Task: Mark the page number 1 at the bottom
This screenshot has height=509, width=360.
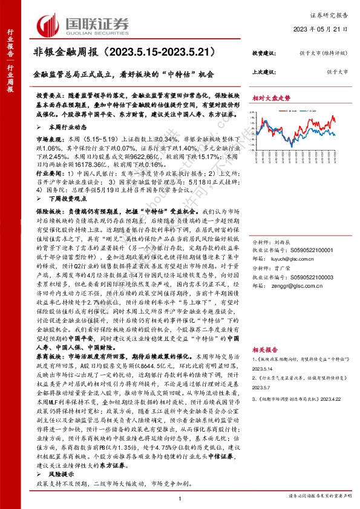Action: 180,498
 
